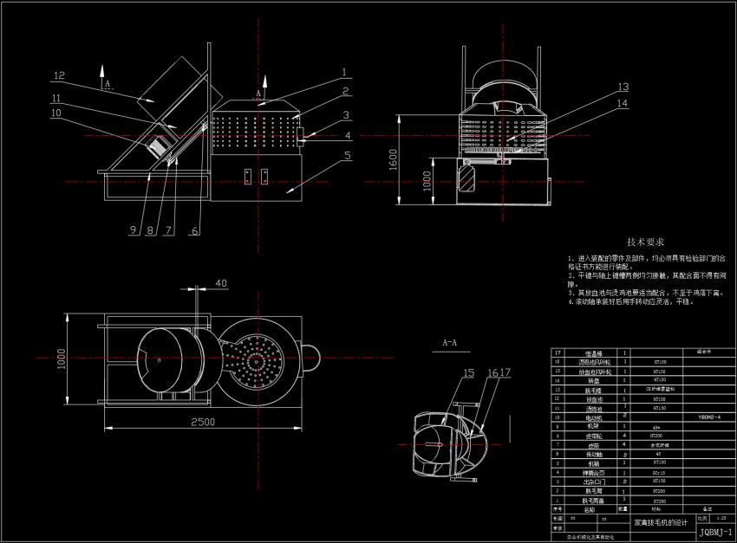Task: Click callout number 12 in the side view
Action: coord(59,74)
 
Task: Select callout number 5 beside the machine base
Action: coord(346,157)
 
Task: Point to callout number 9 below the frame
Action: coord(133,229)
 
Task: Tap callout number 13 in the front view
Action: coord(623,87)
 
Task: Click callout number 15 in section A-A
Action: coord(469,374)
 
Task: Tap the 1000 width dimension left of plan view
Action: coord(62,357)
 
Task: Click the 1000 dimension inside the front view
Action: coord(427,180)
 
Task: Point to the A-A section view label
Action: coord(450,343)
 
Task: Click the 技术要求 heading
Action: coord(646,242)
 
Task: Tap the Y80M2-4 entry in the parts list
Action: coord(710,417)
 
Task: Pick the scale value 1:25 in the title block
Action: coord(720,517)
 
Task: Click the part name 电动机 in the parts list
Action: coord(593,417)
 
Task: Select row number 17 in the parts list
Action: coord(557,352)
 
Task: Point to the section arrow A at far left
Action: coord(107,85)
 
